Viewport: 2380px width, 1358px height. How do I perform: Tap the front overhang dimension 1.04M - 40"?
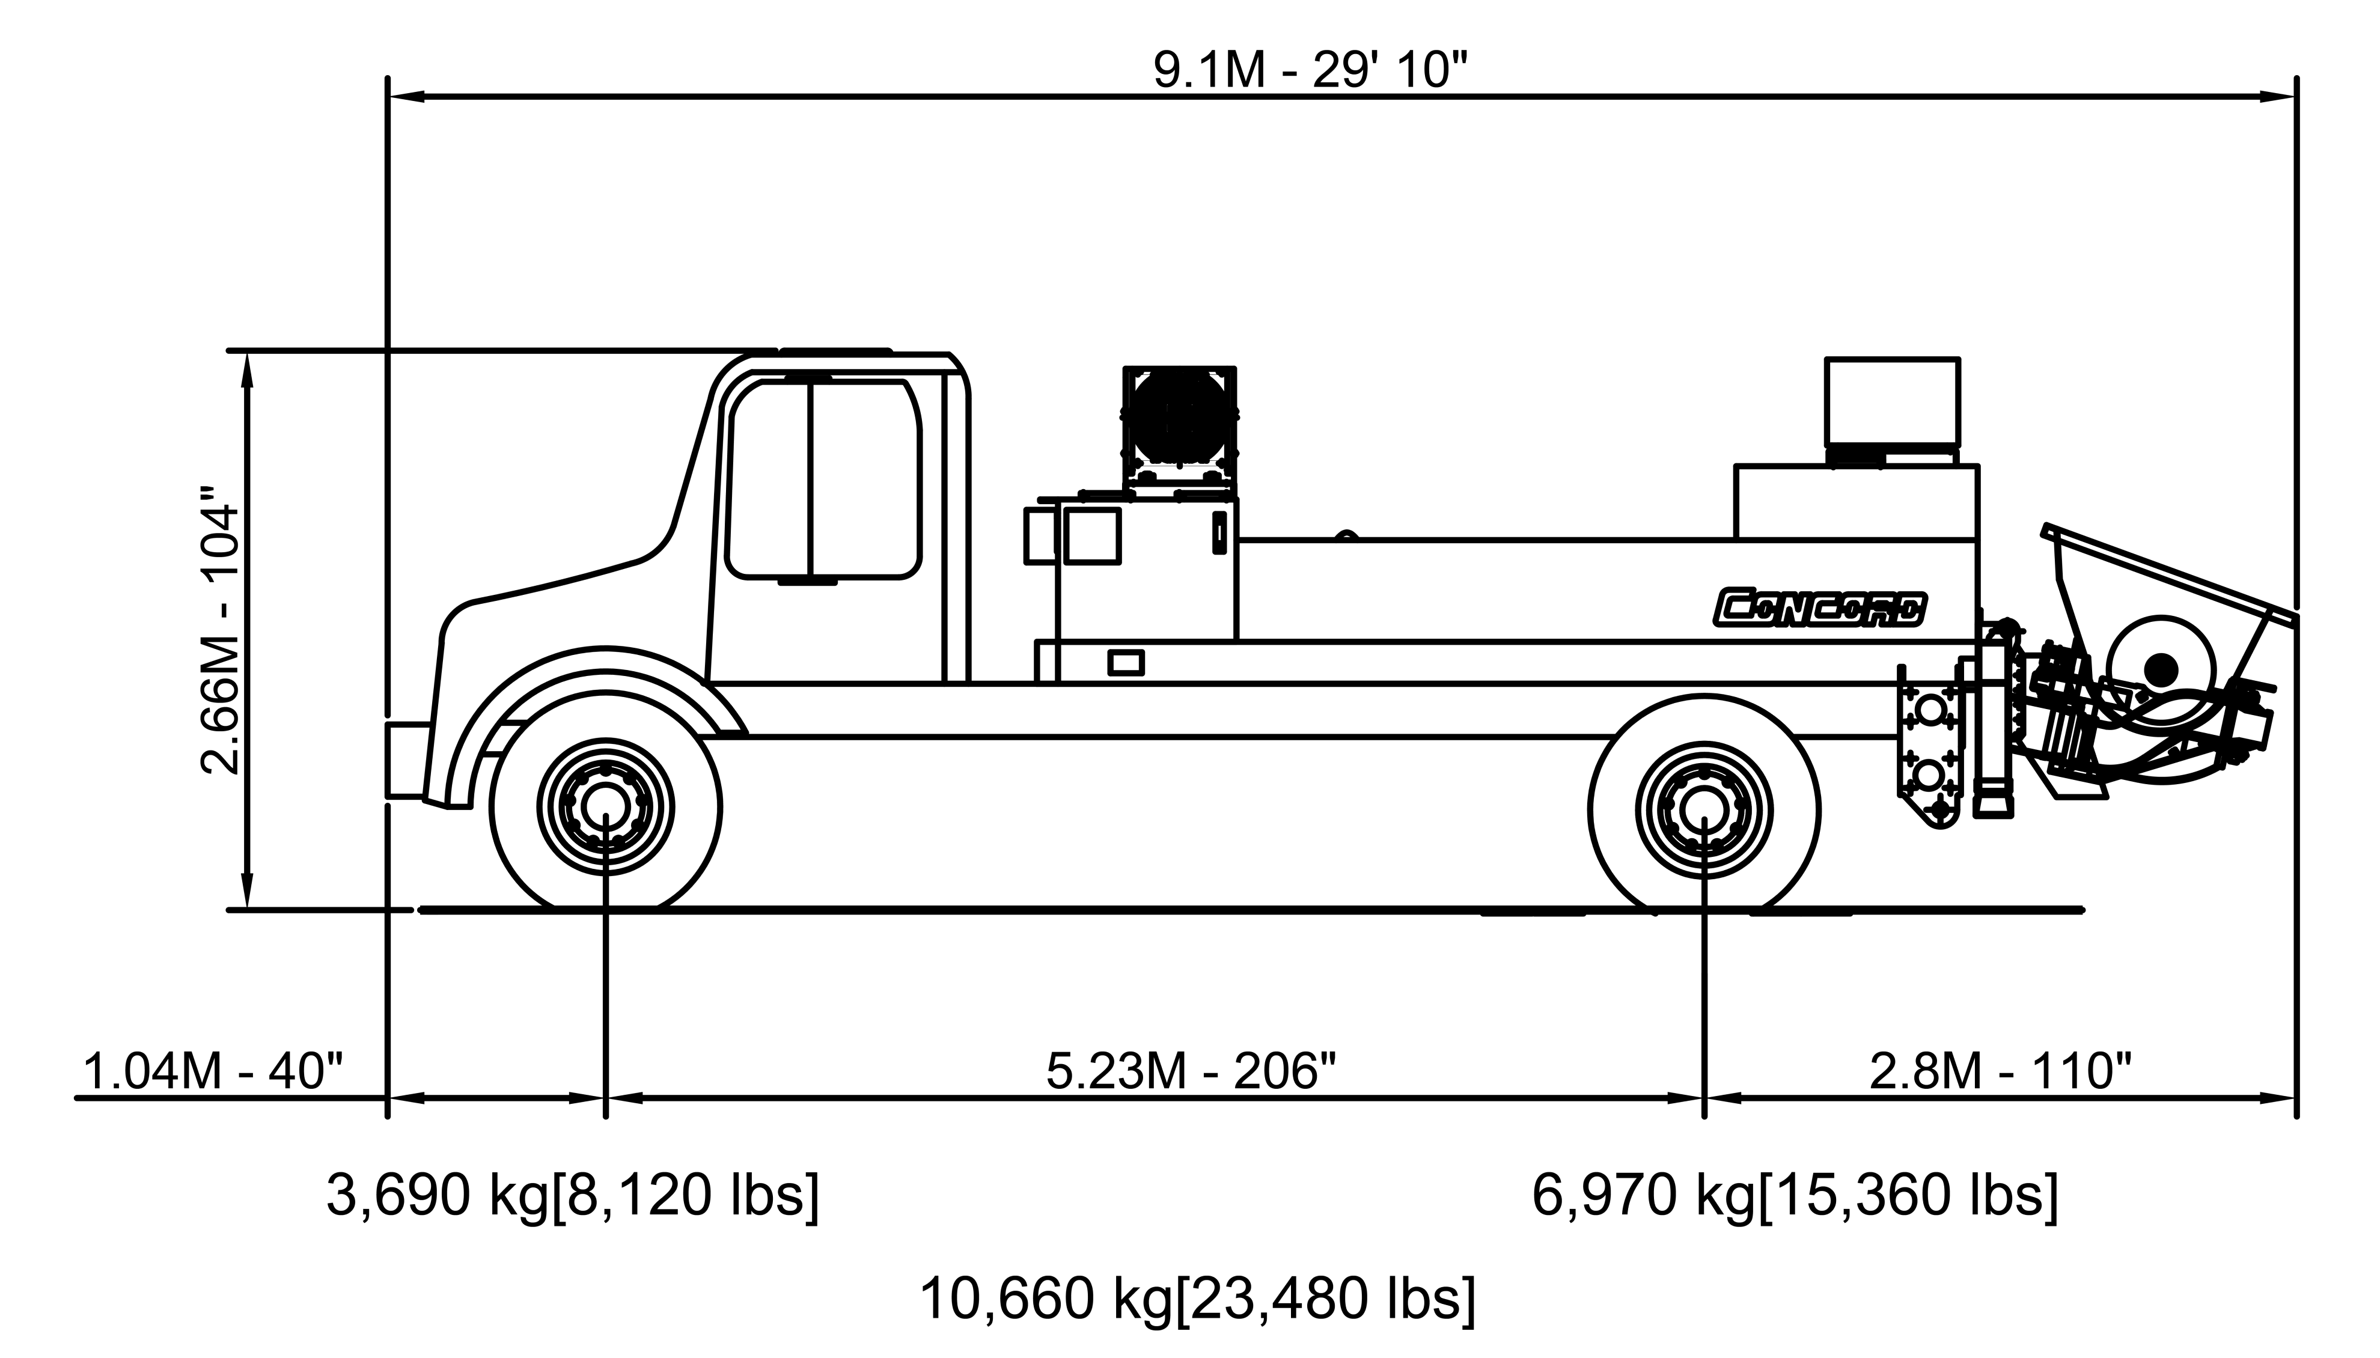[x=213, y=1071]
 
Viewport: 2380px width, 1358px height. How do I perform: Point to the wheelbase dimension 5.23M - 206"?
[x=1191, y=1071]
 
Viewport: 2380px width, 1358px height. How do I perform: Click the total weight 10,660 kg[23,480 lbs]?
[x=1197, y=1299]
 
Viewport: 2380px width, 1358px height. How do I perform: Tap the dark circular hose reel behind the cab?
[x=1180, y=416]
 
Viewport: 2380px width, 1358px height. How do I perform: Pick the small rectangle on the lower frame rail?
[x=1126, y=662]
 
